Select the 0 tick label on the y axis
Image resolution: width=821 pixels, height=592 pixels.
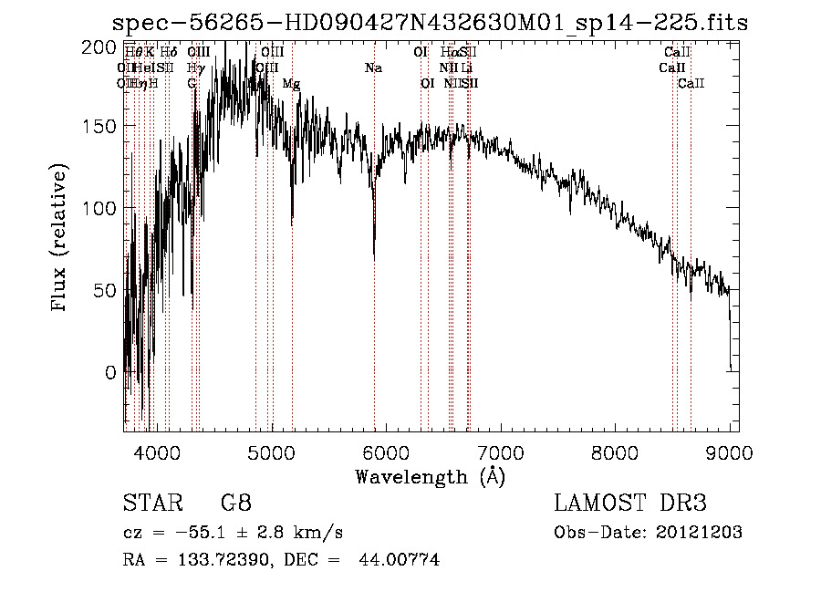(x=109, y=372)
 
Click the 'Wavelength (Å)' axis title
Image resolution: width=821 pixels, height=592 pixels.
(x=430, y=476)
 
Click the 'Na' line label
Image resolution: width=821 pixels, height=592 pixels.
(x=373, y=68)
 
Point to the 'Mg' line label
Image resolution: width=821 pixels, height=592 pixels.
(x=291, y=84)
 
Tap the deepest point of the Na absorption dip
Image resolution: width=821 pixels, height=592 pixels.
(x=374, y=257)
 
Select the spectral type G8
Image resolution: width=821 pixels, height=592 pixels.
(x=235, y=504)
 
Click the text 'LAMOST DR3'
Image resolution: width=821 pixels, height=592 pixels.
(x=630, y=504)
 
